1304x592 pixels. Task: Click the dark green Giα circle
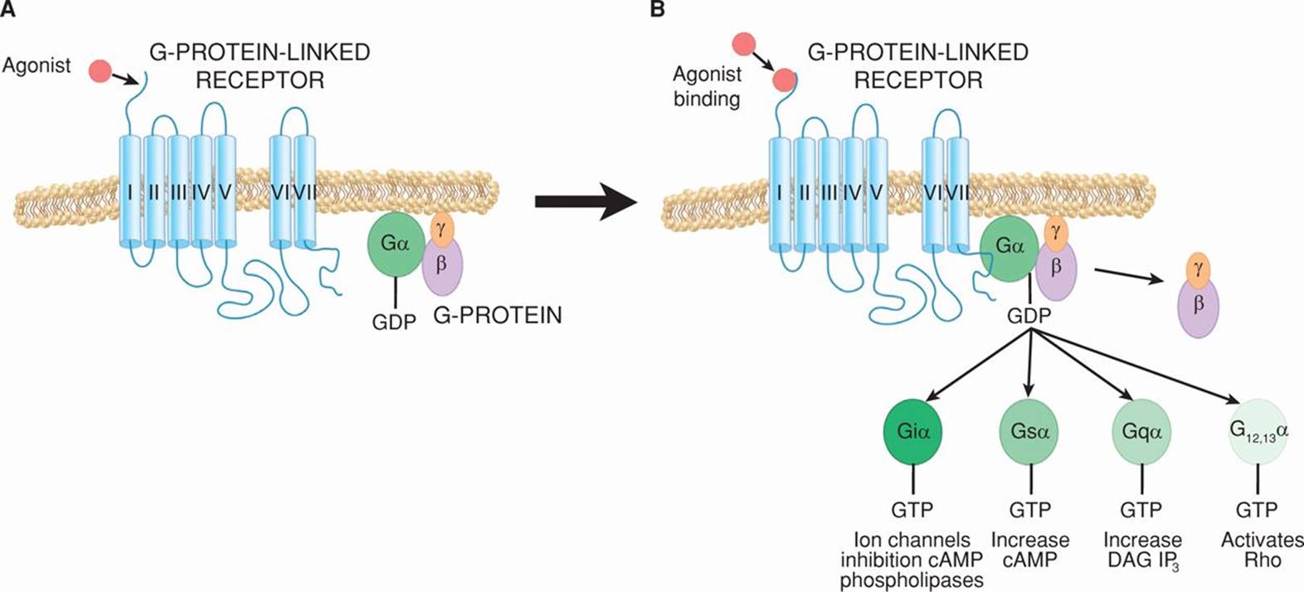click(912, 430)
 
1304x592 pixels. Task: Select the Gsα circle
click(1029, 430)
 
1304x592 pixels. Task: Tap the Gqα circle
click(1141, 431)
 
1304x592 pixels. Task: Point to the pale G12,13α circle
click(1258, 432)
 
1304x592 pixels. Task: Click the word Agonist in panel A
click(36, 66)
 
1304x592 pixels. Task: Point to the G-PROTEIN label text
click(498, 315)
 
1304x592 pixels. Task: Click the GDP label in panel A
click(394, 322)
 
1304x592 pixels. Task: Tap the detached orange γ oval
click(1197, 269)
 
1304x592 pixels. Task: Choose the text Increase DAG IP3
click(1142, 551)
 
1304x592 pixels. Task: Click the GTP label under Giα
click(912, 509)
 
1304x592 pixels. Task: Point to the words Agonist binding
click(707, 86)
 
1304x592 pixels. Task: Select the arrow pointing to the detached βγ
click(1128, 276)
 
